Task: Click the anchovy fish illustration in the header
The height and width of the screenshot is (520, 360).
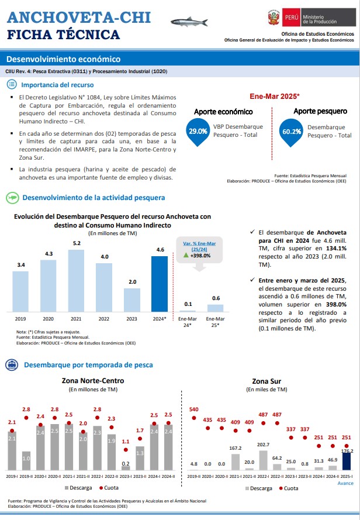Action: coord(189,22)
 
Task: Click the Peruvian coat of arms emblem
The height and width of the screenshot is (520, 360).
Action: coord(274,17)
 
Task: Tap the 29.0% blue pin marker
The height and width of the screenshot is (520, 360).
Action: coord(198,132)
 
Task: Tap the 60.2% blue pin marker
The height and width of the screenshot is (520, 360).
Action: coord(292,132)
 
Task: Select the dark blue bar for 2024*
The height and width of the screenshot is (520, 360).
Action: coord(160,284)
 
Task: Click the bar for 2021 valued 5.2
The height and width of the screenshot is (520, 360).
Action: coord(76,281)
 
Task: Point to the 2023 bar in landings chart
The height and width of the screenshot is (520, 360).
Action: coord(132,300)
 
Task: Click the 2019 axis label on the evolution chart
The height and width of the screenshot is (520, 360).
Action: coord(20,319)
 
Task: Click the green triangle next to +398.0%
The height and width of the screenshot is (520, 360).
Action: coord(186,255)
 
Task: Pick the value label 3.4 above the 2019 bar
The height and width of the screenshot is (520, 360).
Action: coord(21,265)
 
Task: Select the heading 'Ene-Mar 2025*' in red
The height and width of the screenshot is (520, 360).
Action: coord(275,96)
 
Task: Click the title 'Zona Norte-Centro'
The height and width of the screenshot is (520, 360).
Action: coord(93,381)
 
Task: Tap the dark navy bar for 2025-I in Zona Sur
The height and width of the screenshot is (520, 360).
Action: coord(347,462)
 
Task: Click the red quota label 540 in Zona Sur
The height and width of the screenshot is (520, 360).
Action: coord(194,409)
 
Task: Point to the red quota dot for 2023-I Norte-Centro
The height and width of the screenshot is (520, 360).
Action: coord(126,450)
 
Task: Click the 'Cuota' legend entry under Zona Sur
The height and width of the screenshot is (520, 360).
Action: coord(288,488)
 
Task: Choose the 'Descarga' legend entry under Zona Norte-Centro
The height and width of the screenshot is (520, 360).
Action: coord(78,488)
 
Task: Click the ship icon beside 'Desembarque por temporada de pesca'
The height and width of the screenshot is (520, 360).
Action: coord(12,365)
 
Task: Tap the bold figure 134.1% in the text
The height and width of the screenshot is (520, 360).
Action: coord(336,249)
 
